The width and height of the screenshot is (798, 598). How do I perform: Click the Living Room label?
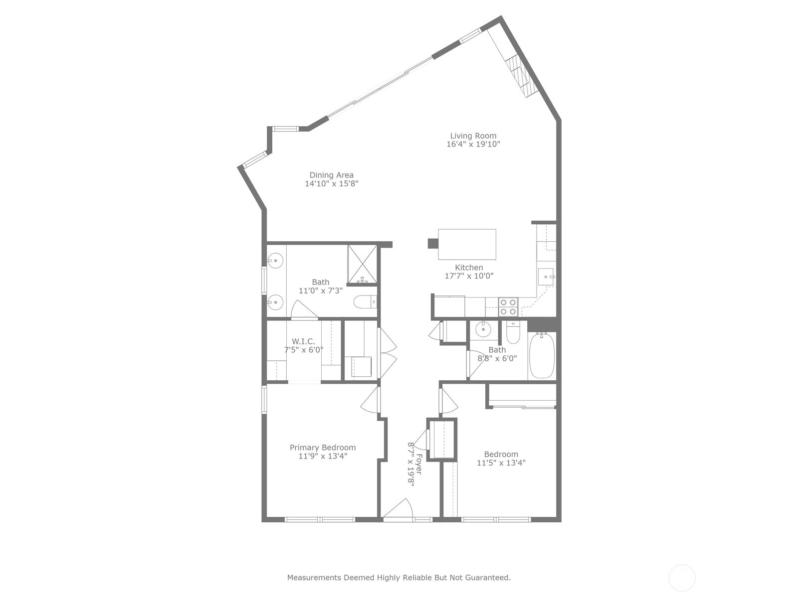(x=473, y=136)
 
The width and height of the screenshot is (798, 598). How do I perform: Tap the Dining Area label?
(x=331, y=175)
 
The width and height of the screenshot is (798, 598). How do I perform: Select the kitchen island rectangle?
(x=467, y=244)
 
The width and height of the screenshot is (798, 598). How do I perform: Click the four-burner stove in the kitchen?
(x=508, y=307)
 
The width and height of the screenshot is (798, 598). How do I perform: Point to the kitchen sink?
(x=546, y=277)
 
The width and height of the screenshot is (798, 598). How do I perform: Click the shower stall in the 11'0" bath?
(x=362, y=264)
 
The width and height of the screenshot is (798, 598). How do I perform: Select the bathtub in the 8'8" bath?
(x=542, y=355)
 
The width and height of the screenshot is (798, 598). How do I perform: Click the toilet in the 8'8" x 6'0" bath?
(x=513, y=332)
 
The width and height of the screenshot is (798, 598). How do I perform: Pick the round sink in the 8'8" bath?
(x=483, y=330)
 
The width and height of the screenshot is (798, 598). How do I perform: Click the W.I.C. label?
(x=303, y=342)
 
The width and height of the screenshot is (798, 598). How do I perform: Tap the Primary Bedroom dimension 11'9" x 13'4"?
(x=323, y=456)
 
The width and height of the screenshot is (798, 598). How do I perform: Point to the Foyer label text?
(x=419, y=464)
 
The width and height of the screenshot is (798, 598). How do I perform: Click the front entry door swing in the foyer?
(x=398, y=508)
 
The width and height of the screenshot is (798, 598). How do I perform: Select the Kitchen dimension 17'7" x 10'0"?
(x=469, y=276)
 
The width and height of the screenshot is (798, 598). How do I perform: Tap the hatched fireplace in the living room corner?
(x=518, y=76)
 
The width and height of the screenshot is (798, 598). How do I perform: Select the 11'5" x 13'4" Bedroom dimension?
(x=501, y=463)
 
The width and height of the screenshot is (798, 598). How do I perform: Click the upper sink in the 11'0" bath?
(x=275, y=260)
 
